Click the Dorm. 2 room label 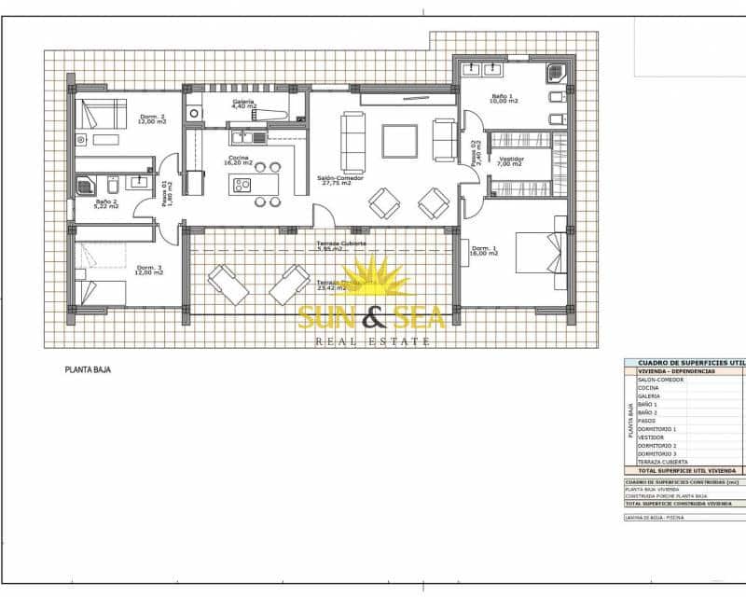151,118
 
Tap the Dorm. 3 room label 149,271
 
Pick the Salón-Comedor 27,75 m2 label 339,180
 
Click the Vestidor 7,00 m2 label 511,161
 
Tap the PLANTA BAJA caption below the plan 89,370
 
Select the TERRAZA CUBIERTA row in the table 662,462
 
